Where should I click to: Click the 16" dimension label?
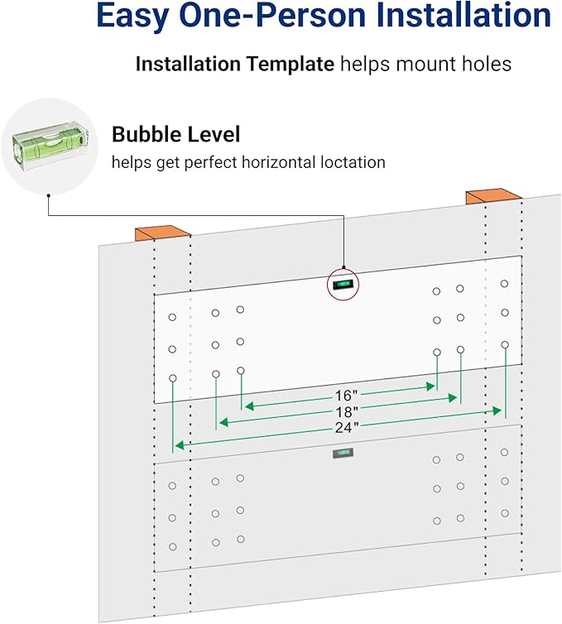coord(345,396)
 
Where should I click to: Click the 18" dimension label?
coord(346,412)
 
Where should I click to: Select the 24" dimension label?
coord(346,428)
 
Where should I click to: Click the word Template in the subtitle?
coord(291,64)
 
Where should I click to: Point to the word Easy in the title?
coord(132,16)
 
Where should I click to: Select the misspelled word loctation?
coord(353,162)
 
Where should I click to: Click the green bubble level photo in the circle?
coord(50,146)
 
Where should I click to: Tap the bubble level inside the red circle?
coord(343,284)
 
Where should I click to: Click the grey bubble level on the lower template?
coord(343,453)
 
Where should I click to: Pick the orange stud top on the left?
coord(162,233)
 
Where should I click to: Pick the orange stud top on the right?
coord(493,197)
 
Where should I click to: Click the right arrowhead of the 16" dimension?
coord(430,386)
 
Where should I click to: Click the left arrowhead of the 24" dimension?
coord(180,445)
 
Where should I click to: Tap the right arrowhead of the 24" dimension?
coord(497,410)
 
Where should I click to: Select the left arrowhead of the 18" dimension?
coord(224,422)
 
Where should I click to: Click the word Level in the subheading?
coord(218,134)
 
